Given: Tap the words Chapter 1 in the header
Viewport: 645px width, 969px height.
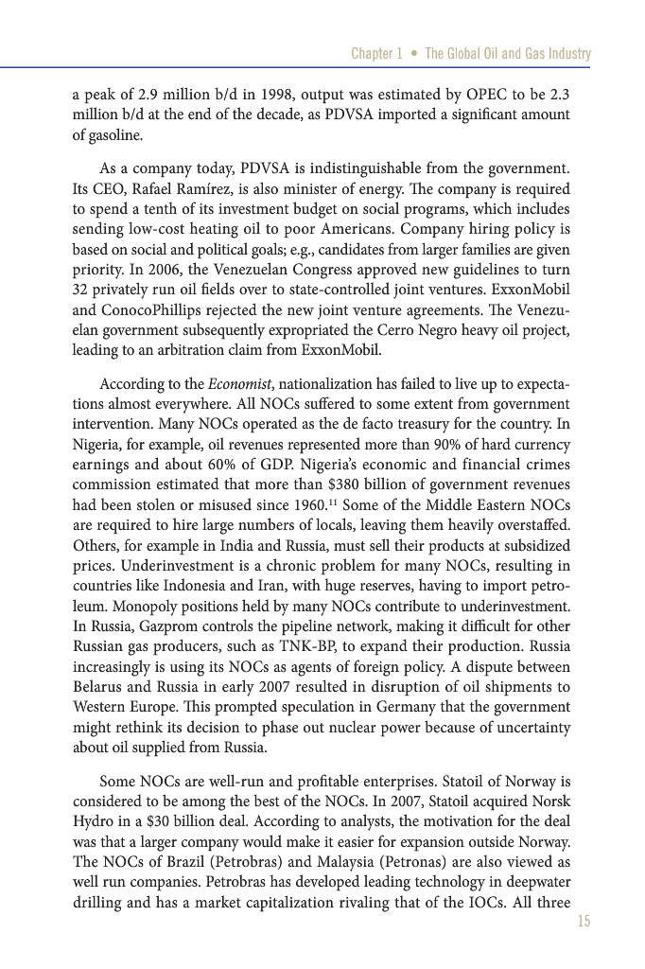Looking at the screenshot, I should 376,54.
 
